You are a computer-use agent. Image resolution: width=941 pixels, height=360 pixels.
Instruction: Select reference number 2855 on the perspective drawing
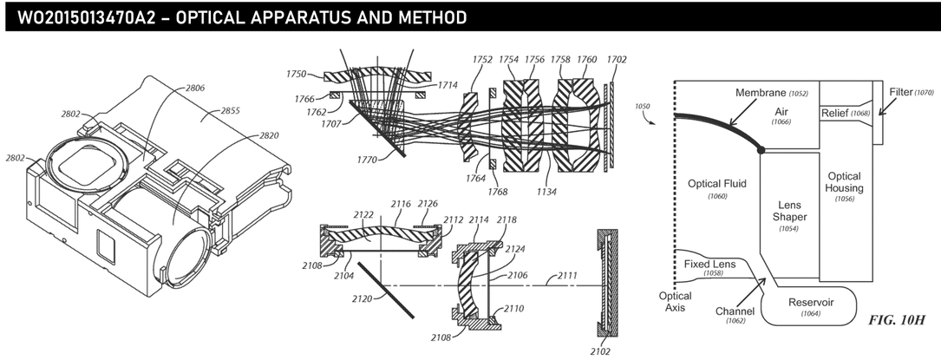(x=230, y=110)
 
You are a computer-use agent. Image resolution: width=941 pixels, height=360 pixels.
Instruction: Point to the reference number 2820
(x=269, y=135)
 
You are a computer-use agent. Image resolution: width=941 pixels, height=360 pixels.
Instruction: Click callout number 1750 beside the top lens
(x=296, y=74)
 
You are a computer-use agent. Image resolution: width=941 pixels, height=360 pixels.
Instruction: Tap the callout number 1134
(x=546, y=192)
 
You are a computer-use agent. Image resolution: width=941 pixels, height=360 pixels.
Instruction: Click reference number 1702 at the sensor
(x=617, y=59)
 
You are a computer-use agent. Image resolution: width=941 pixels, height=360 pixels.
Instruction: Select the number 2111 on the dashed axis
(x=567, y=275)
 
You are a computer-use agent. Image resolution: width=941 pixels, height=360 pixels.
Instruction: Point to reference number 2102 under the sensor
(x=600, y=351)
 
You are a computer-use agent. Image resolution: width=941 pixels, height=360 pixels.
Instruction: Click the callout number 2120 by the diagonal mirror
(x=362, y=298)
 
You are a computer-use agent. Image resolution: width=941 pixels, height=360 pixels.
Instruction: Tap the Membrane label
(x=761, y=93)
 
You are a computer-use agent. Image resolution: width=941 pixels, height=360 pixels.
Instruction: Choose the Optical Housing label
(x=845, y=182)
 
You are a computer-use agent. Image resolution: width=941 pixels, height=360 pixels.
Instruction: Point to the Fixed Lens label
(x=709, y=264)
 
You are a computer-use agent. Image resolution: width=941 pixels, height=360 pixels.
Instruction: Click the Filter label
(x=901, y=92)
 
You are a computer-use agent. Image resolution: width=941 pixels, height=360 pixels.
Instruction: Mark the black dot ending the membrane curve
(x=761, y=149)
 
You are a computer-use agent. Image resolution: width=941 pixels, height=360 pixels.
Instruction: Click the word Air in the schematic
(x=781, y=112)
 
